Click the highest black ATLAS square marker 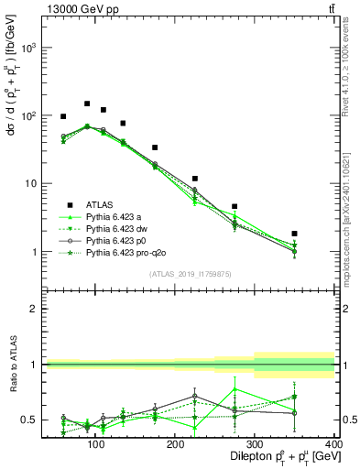[x=87, y=104]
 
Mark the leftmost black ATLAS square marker [x=63, y=116]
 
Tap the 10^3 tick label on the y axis [x=29, y=48]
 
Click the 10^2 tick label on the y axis [x=29, y=115]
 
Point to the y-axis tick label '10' [x=32, y=183]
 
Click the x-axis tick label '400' [x=334, y=444]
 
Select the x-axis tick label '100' [x=93, y=444]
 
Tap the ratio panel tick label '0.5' [x=29, y=420]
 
